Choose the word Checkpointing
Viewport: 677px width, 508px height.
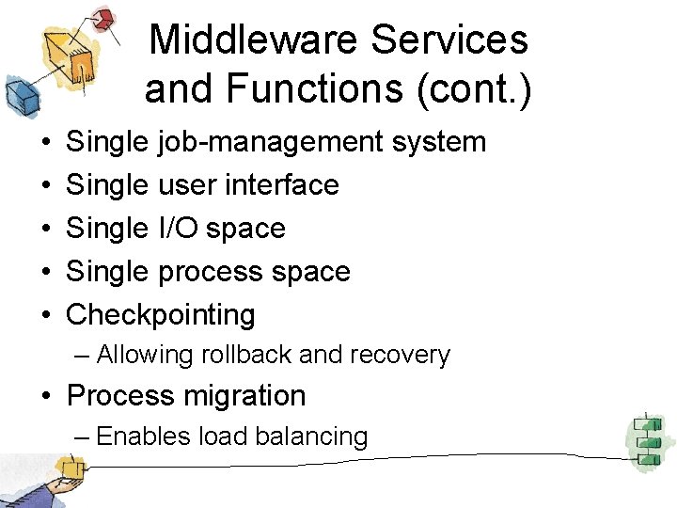coord(161,315)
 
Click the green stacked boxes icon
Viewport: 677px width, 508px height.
coord(646,440)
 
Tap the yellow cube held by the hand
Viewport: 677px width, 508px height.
coord(69,468)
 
